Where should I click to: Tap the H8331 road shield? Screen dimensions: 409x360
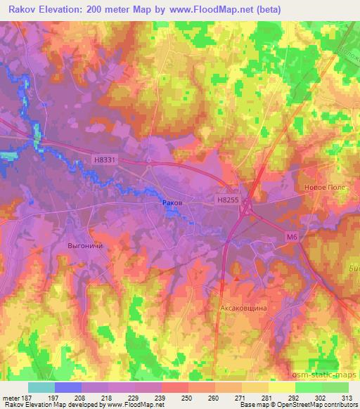pos(104,160)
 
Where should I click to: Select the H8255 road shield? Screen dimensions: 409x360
pos(228,200)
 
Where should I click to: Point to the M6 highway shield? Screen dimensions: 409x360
pos(292,238)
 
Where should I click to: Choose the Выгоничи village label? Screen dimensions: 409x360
pos(85,247)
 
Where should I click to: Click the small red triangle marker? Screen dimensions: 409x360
pos(237,278)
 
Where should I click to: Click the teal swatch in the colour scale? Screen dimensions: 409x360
pos(41,387)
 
